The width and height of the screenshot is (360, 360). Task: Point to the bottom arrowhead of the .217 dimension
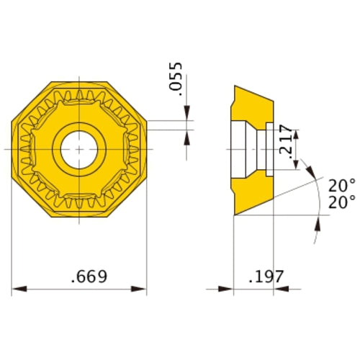[x=295, y=165]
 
